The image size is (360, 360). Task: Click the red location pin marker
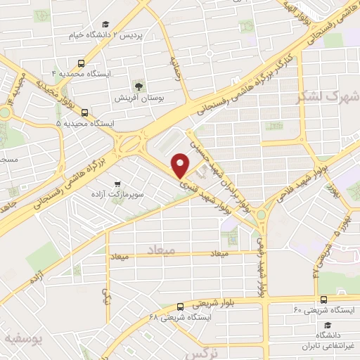[181, 167]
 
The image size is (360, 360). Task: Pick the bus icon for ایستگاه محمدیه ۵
[84, 112]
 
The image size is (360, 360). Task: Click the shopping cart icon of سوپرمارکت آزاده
[127, 180]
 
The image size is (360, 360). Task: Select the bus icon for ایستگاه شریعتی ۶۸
[180, 306]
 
